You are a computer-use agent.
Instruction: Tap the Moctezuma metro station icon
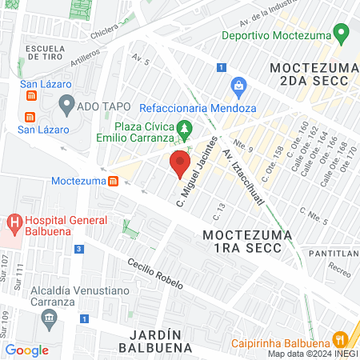(x=114, y=181)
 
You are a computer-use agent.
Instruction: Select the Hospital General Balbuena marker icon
(x=14, y=221)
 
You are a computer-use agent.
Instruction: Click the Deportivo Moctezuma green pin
(x=342, y=34)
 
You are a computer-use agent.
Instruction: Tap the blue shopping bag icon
(x=238, y=86)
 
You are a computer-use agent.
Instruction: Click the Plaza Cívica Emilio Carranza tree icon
(x=185, y=126)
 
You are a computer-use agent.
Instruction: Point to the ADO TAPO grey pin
(x=66, y=103)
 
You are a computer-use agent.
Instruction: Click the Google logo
(x=26, y=350)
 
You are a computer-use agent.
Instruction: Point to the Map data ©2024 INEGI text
(x=312, y=354)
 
